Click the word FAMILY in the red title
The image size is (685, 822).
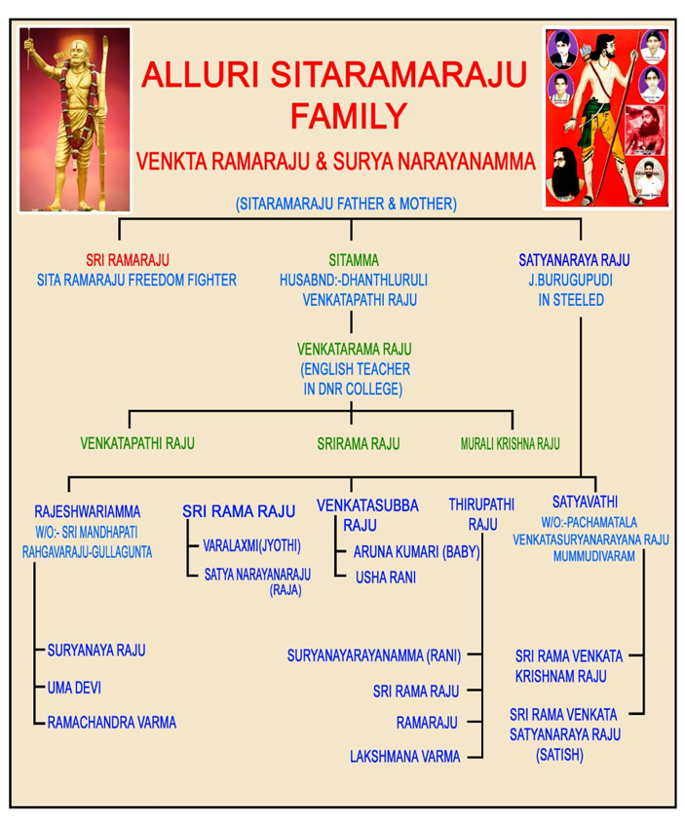pos(349,116)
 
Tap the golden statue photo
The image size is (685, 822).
pos(75,120)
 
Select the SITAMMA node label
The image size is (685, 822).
pos(354,260)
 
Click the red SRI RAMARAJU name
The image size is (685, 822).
pos(128,260)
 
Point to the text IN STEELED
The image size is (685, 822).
pos(571,300)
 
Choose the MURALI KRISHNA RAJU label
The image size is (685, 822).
pos(510,444)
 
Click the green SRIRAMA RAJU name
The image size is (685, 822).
pos(359,444)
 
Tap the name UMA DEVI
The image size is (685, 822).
pos(74,688)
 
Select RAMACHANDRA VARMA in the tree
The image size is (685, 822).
pos(112,723)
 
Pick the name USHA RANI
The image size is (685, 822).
pos(386,578)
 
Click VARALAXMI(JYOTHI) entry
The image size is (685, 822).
pos(251,545)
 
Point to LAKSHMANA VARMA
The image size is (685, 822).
pos(405,757)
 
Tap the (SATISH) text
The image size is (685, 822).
pos(559,755)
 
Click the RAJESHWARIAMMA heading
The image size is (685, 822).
pos(87,511)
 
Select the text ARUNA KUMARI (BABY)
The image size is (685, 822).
pos(416,552)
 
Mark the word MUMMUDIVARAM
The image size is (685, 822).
pos(593,556)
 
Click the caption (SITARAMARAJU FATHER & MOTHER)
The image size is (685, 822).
pos(346,204)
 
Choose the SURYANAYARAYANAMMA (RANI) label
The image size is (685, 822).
pos(374,655)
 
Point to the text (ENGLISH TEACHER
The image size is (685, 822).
pos(355,369)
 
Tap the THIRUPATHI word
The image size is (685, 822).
pos(481,504)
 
